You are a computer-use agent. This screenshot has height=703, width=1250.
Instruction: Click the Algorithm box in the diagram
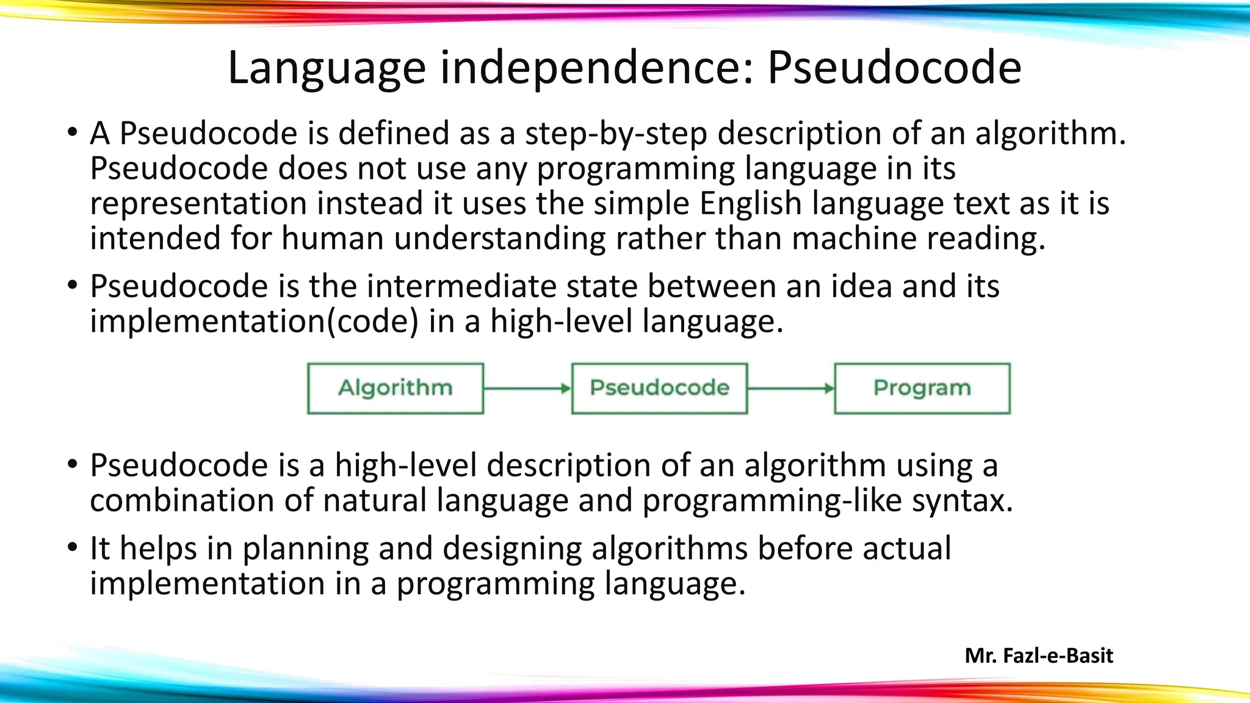[396, 389]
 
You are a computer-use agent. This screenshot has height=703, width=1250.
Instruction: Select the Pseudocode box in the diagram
[659, 389]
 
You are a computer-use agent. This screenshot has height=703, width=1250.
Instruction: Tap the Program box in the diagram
[922, 389]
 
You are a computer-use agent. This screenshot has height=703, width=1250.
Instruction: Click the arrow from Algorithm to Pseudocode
[527, 389]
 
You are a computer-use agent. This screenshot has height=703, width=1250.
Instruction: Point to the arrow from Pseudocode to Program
[791, 389]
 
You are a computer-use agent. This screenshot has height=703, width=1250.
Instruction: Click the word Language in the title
[327, 68]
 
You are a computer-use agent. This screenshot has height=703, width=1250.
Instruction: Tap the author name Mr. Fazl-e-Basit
[1039, 655]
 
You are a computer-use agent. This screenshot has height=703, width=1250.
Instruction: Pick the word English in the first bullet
[750, 203]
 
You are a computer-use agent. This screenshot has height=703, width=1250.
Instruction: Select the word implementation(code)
[254, 322]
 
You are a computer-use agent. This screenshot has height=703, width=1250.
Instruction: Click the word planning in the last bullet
[305, 549]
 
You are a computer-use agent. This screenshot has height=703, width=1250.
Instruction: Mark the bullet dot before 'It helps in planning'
[73, 547]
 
